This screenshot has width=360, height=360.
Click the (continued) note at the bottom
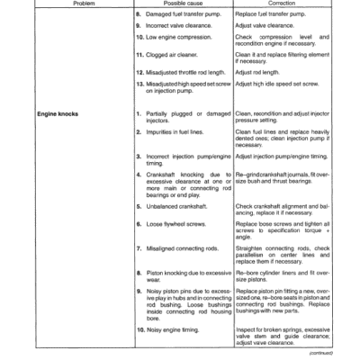pyautogui.click(x=332, y=355)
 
